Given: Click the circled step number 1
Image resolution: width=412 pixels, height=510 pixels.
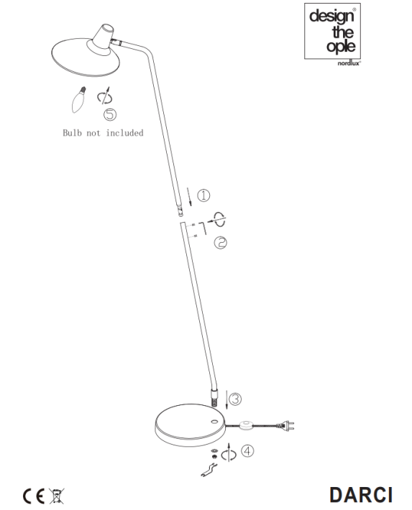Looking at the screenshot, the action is [204, 195].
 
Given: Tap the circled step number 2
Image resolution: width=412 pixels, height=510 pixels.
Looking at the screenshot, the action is [221, 243].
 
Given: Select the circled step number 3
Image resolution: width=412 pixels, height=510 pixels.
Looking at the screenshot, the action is [235, 399].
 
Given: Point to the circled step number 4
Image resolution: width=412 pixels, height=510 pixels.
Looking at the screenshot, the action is [247, 451].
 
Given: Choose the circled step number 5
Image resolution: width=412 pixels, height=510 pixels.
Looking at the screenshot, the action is [110, 114].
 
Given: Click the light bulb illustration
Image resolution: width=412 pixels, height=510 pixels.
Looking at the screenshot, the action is [79, 100].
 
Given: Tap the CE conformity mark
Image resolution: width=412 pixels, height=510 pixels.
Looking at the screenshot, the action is [33, 496].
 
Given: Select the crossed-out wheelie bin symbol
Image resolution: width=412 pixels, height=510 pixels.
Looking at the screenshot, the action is [56, 496].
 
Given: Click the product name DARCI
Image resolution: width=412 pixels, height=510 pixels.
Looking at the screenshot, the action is [361, 496].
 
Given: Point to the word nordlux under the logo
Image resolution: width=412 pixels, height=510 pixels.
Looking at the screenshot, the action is [349, 63].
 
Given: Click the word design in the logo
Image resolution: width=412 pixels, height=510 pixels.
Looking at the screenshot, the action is [331, 17].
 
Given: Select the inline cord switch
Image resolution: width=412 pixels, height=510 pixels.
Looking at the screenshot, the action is [246, 425].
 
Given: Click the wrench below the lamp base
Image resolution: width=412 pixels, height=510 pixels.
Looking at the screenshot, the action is [209, 470].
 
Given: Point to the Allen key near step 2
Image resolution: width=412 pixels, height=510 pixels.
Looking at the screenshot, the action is [203, 228].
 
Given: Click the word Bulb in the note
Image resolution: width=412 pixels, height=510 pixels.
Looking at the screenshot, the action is [72, 133].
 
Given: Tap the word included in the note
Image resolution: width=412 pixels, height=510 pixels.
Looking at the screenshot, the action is [124, 133].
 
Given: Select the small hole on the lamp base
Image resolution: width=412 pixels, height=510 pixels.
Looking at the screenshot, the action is [215, 422].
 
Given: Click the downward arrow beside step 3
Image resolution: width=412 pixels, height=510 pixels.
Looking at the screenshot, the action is [226, 399].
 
